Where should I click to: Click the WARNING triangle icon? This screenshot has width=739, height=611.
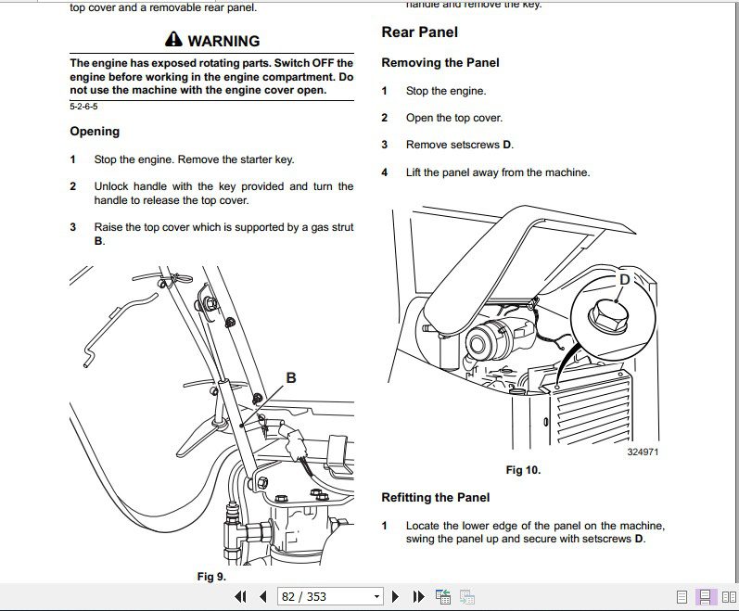point(174,40)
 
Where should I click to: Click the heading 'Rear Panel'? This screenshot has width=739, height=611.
point(419,32)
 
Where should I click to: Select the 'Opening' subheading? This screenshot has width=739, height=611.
point(95,132)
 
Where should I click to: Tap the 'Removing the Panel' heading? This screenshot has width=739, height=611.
point(440,63)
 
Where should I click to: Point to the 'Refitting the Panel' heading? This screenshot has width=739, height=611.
point(435,498)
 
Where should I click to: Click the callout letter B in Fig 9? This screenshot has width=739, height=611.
point(291,377)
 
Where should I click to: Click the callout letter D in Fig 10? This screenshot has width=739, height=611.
point(624,279)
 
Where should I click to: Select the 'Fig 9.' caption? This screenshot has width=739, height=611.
point(211,577)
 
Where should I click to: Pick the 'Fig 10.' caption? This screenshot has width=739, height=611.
point(523,470)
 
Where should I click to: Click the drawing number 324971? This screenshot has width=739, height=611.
point(643,452)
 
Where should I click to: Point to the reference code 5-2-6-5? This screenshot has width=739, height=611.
point(83,107)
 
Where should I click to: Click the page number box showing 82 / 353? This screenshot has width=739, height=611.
point(329,596)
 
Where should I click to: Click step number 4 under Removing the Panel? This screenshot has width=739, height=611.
point(385,172)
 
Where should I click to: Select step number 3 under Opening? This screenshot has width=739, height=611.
point(73,227)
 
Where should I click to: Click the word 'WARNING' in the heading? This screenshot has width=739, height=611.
point(223,41)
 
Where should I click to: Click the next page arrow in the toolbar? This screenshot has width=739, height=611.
point(396,596)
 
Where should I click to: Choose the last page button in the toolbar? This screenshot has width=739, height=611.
point(418,596)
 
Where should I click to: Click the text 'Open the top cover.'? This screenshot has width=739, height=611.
point(454,118)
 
